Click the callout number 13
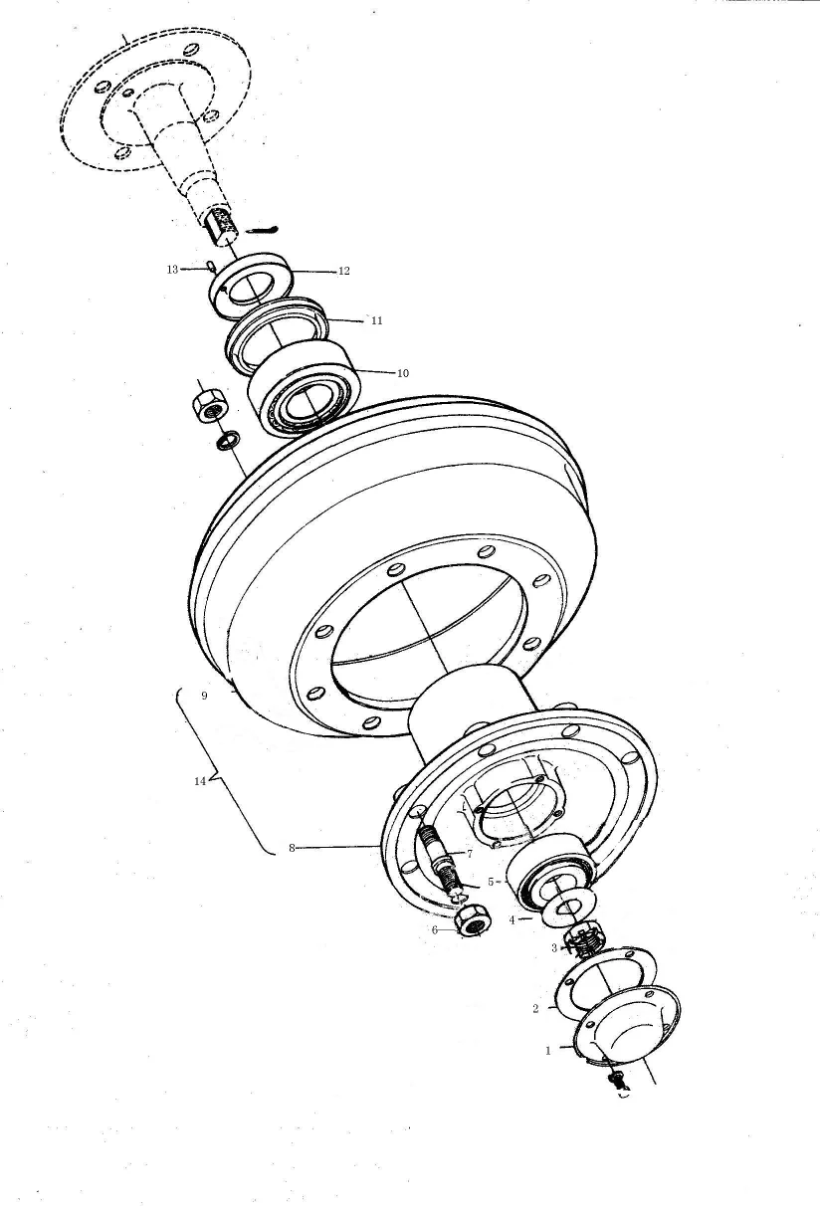click(172, 270)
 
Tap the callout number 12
click(343, 271)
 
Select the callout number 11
click(376, 321)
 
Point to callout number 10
click(402, 374)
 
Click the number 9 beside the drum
click(204, 697)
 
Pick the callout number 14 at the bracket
click(199, 781)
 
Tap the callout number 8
click(292, 848)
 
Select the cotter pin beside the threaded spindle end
click(261, 231)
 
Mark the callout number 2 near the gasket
click(535, 1009)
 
